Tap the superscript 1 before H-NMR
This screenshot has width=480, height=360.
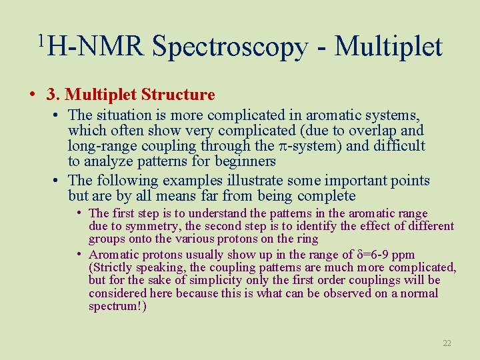click(41, 41)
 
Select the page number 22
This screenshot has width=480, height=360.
click(447, 343)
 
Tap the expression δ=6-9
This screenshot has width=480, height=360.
click(375, 254)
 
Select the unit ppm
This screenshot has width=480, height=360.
click(404, 254)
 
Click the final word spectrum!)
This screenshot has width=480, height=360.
click(117, 306)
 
